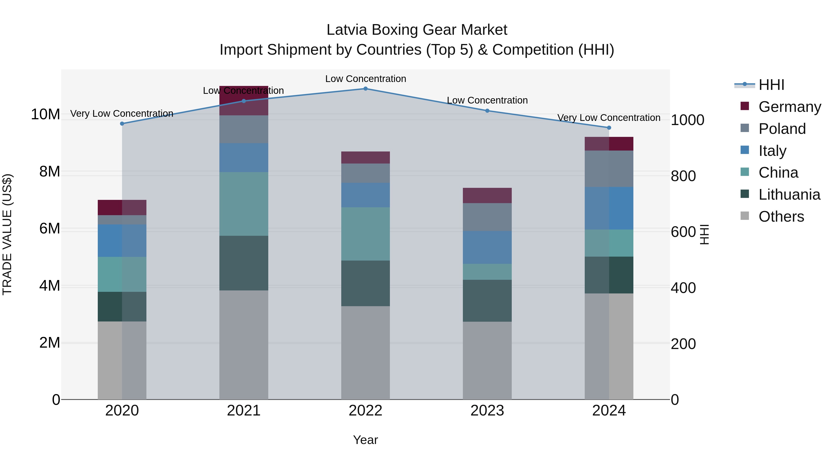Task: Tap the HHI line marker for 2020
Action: pos(122,124)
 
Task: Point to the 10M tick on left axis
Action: pos(45,114)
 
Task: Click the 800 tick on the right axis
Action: pos(683,176)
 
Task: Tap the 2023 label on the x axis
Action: pos(487,411)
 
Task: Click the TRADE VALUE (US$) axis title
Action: pos(7,234)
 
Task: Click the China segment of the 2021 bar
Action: pos(243,204)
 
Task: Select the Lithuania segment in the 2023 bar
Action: pos(487,300)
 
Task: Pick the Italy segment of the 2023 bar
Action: pos(487,247)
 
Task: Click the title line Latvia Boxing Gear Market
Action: pos(417,30)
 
